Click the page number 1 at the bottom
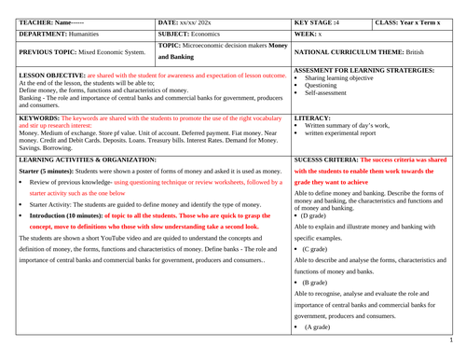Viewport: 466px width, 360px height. point(460,353)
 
